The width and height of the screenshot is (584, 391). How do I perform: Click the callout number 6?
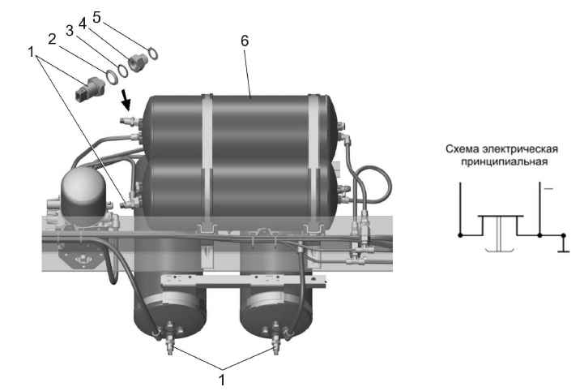tap(245, 41)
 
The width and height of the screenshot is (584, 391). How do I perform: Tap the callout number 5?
tap(97, 17)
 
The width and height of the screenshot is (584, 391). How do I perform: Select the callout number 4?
tap(83, 24)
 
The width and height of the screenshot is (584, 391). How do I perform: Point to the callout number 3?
tap(70, 31)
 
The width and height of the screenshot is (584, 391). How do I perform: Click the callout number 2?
tap(52, 39)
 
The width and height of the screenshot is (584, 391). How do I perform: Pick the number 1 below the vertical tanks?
tap(222, 380)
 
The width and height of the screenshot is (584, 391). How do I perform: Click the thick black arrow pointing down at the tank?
tap(126, 100)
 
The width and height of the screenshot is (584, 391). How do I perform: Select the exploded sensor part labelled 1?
tap(90, 88)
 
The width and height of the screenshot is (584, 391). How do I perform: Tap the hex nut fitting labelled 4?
tap(138, 62)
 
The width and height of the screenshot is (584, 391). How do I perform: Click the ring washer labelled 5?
tap(153, 54)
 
